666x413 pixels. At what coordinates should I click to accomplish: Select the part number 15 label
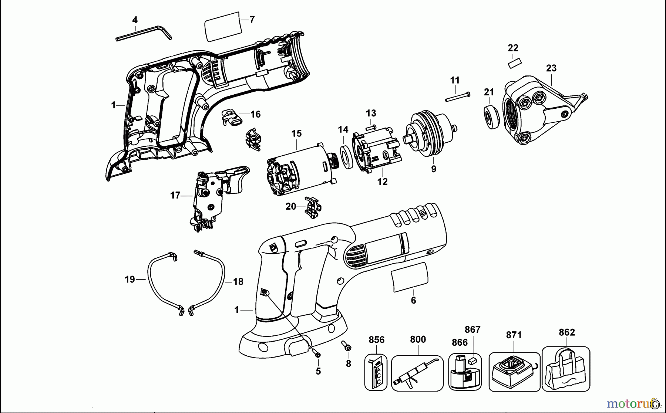(296, 133)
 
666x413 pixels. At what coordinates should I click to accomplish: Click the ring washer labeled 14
(346, 158)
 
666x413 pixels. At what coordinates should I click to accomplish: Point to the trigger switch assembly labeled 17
(215, 196)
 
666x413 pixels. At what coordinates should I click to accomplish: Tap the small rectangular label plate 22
(514, 63)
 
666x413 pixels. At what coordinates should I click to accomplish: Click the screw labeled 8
(347, 346)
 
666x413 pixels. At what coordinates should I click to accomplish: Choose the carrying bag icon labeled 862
(566, 370)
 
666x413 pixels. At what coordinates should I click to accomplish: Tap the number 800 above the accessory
(418, 339)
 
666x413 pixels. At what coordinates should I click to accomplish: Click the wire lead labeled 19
(152, 281)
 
